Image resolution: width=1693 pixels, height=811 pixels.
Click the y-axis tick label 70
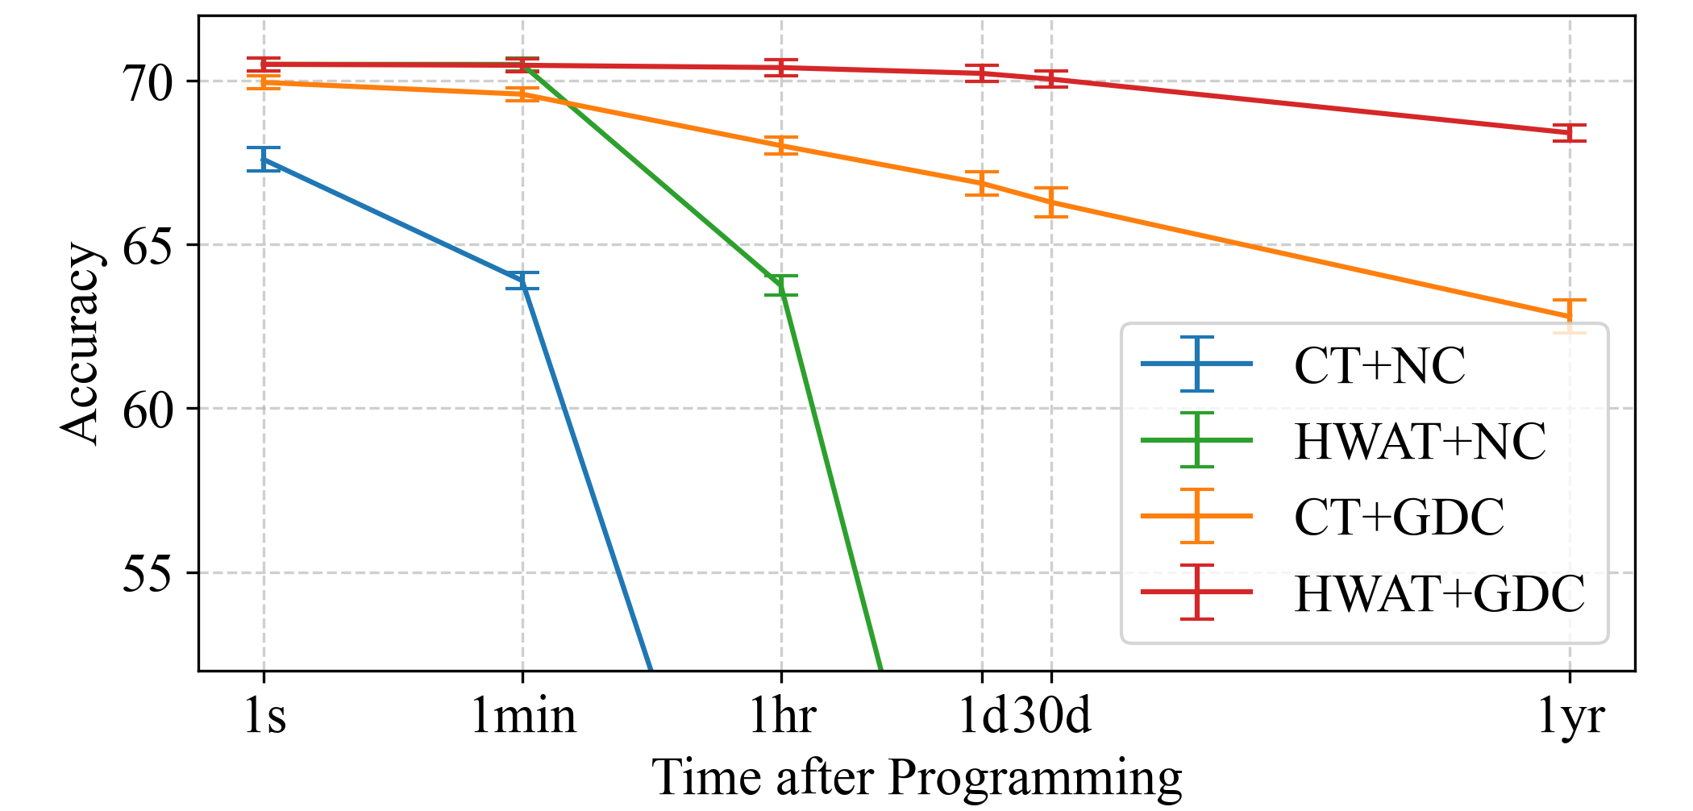(x=147, y=81)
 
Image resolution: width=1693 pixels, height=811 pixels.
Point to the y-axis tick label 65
(x=147, y=245)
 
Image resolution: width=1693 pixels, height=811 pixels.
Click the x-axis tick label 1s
(x=264, y=715)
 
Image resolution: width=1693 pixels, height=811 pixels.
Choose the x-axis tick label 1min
(x=523, y=715)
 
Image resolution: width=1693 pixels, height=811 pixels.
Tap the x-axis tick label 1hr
(x=781, y=715)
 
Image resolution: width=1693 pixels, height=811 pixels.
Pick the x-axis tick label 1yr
(x=1570, y=715)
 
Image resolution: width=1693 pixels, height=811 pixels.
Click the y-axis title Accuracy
(x=81, y=343)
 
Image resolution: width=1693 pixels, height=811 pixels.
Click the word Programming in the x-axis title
(x=1035, y=778)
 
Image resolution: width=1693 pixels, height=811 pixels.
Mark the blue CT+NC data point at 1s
(x=264, y=160)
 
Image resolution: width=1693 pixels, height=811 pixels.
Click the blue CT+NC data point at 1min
(x=523, y=281)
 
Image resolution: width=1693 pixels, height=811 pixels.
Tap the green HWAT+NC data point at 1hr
(x=781, y=285)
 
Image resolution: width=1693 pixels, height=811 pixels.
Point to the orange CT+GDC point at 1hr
(x=781, y=145)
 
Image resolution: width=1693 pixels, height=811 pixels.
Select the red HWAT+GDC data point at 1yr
(x=1570, y=132)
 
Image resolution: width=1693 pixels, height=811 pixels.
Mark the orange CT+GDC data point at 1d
(x=982, y=183)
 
